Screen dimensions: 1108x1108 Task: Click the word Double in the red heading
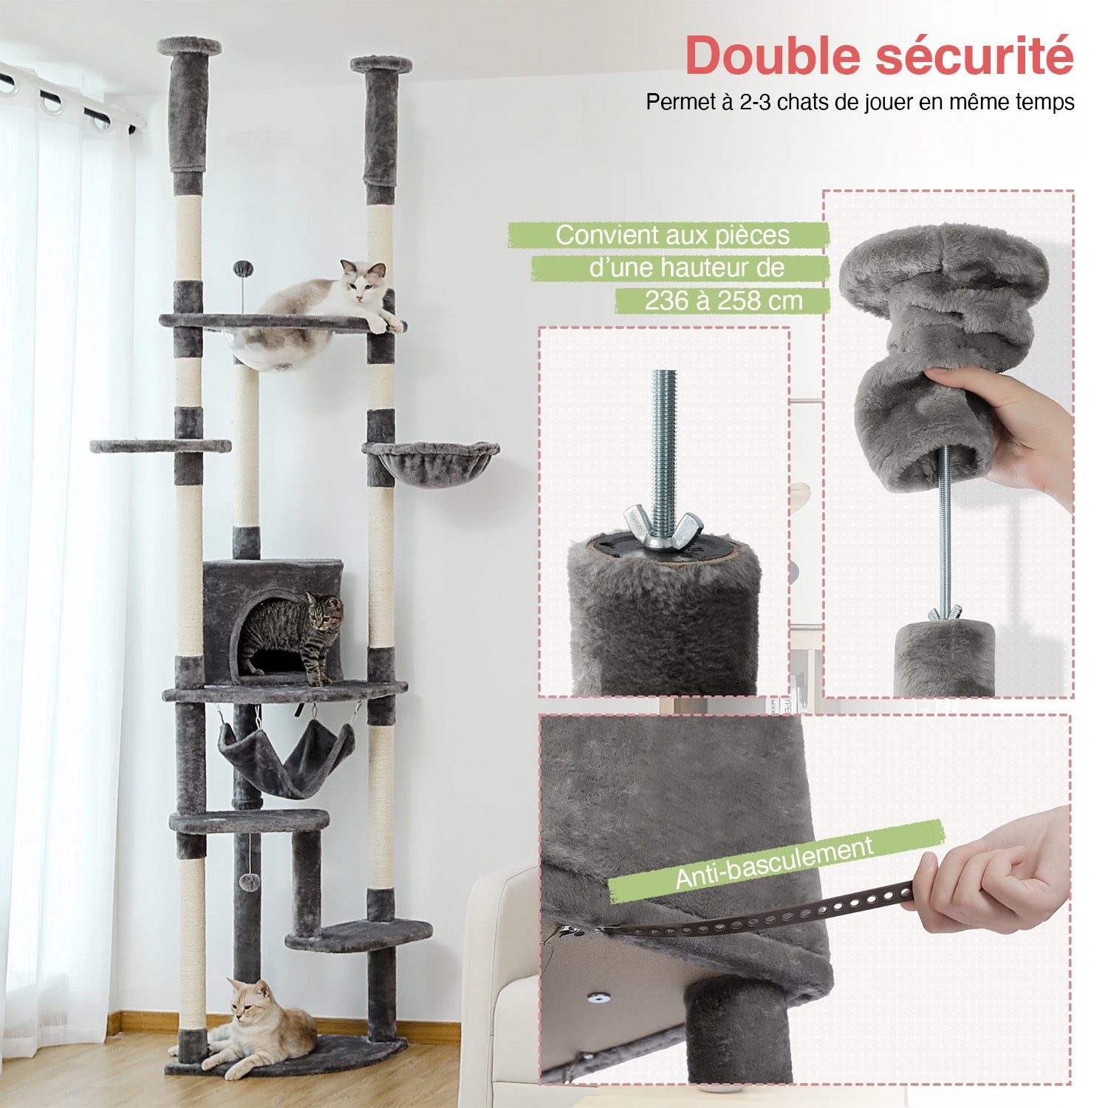pyautogui.click(x=775, y=55)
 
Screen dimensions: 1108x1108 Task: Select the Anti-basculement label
pyautogui.click(x=775, y=862)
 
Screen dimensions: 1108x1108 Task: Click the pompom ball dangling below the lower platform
pyautogui.click(x=252, y=882)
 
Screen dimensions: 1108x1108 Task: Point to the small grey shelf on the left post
pyautogui.click(x=160, y=446)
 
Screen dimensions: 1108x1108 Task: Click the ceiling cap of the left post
pyautogui.click(x=189, y=46)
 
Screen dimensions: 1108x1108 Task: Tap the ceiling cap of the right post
pyautogui.click(x=381, y=64)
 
